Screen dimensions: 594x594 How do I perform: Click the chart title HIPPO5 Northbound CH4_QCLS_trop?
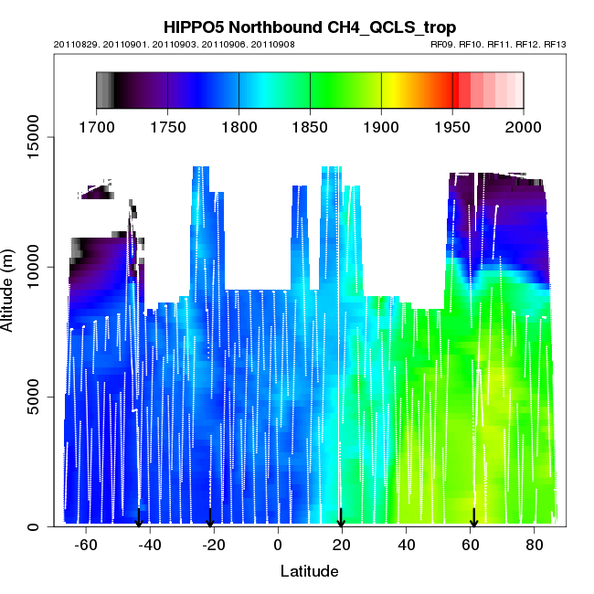[309, 27]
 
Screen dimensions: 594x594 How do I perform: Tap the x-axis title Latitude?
[309, 571]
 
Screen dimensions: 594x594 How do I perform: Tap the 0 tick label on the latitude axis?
[278, 545]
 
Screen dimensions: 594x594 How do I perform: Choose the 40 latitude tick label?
[406, 545]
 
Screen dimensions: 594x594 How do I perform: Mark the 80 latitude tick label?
[534, 545]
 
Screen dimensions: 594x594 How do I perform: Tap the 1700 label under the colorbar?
[96, 127]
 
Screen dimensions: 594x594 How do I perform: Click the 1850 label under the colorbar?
[310, 127]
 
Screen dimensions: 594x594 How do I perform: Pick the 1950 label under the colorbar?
[452, 127]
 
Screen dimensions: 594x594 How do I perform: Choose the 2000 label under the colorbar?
[524, 127]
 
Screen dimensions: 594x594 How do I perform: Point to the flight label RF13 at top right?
[555, 44]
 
